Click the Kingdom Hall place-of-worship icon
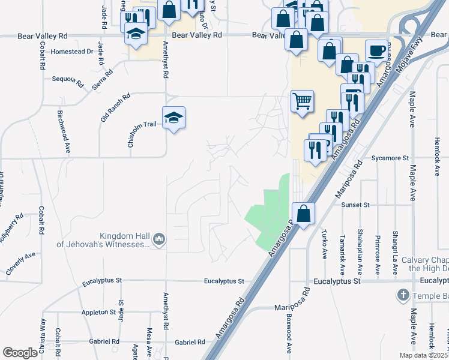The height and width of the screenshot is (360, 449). pos(159,240)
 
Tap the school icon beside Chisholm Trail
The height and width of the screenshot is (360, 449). pos(173,118)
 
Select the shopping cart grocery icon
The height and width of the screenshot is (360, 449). pos(303,101)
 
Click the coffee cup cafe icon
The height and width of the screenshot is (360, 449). pos(376,51)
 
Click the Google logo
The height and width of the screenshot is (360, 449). pos(20,353)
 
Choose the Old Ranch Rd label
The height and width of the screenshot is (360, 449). pos(115,107)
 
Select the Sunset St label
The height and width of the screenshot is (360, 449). pos(355,205)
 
